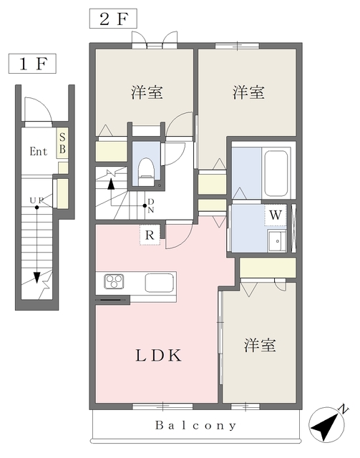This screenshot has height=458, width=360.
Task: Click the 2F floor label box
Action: pyautogui.click(x=113, y=19)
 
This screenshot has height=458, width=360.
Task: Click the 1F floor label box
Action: pyautogui.click(x=32, y=64)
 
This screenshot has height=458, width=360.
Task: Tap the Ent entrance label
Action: pyautogui.click(x=38, y=151)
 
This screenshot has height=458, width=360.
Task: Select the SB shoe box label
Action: pyautogui.click(x=62, y=143)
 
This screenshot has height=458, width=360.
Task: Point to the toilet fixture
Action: pyautogui.click(x=146, y=172)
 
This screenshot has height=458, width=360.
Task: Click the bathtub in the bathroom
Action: pyautogui.click(x=276, y=173)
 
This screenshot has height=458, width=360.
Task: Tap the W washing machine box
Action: pyautogui.click(x=276, y=215)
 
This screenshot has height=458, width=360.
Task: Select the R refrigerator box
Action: pyautogui.click(x=150, y=235)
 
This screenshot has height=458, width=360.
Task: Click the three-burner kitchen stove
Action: pyautogui.click(x=115, y=281)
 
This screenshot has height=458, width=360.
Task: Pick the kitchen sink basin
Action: pyautogui.click(x=160, y=282)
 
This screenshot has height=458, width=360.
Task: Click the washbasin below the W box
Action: pyautogui.click(x=277, y=240)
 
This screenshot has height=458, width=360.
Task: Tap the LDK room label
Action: pyautogui.click(x=159, y=356)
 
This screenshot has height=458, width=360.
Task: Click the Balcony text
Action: pyautogui.click(x=195, y=425)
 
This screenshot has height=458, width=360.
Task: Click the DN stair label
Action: pyautogui.click(x=151, y=205)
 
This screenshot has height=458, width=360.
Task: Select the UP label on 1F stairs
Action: pyautogui.click(x=37, y=200)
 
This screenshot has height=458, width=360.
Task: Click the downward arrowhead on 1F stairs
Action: pyautogui.click(x=37, y=278)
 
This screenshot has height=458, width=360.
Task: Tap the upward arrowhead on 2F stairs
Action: pyautogui.click(x=111, y=184)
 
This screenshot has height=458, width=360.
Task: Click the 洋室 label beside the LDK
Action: pyautogui.click(x=260, y=345)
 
